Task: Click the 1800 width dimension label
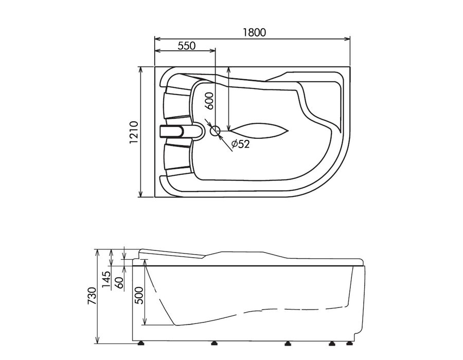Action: pyautogui.click(x=254, y=32)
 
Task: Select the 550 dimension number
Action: pyautogui.click(x=187, y=46)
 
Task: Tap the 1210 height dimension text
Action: pyautogui.click(x=134, y=132)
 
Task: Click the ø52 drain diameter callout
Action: pyautogui.click(x=241, y=144)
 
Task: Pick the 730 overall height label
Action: pyautogui.click(x=92, y=296)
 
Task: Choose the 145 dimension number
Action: pyautogui.click(x=106, y=279)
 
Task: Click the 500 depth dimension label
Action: pyautogui.click(x=138, y=295)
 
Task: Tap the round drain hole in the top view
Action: pyautogui.click(x=215, y=131)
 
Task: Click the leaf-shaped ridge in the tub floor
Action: pyautogui.click(x=259, y=130)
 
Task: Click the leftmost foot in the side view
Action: pyautogui.click(x=142, y=343)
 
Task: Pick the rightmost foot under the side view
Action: pyautogui.click(x=350, y=343)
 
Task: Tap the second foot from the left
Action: pyautogui.click(x=214, y=343)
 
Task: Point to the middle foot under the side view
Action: pyautogui.click(x=287, y=343)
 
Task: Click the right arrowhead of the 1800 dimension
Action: pyautogui.click(x=347, y=39)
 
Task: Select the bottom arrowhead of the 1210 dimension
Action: pyautogui.click(x=140, y=194)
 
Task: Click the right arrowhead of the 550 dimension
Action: pyautogui.click(x=212, y=50)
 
